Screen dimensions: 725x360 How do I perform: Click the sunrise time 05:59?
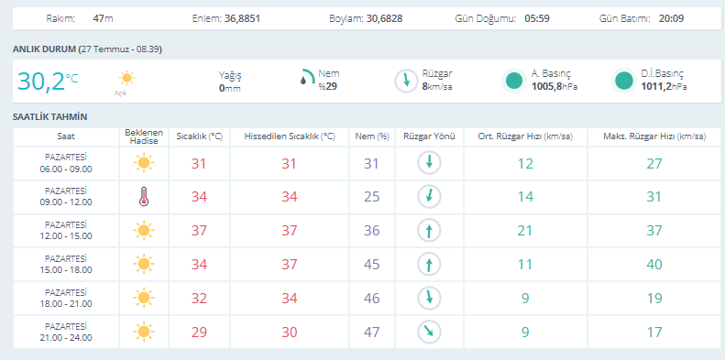537,19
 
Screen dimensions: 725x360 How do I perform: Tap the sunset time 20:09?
671,19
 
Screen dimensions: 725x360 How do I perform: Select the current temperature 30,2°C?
48,81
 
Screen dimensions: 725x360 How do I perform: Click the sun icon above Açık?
126,78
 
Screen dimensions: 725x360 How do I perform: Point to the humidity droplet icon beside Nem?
303,81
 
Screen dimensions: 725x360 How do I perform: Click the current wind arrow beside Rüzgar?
406,81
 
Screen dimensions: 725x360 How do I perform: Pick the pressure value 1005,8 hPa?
555,86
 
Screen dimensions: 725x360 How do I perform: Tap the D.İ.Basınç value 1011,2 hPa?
664,86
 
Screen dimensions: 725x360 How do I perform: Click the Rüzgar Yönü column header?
430,136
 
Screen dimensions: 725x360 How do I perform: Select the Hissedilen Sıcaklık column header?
290,136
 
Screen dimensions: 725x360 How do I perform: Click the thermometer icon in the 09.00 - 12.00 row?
144,196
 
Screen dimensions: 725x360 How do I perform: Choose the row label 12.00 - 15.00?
66,235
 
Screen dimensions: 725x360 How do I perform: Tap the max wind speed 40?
654,265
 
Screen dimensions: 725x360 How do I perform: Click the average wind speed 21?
525,230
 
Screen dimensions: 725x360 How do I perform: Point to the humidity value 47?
372,333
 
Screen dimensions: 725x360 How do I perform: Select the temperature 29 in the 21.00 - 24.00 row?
199,333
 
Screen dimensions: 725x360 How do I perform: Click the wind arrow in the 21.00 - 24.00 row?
430,332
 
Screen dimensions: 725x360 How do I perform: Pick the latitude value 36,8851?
242,19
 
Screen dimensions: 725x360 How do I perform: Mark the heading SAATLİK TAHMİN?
49,117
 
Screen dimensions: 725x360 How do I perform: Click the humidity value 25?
372,197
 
